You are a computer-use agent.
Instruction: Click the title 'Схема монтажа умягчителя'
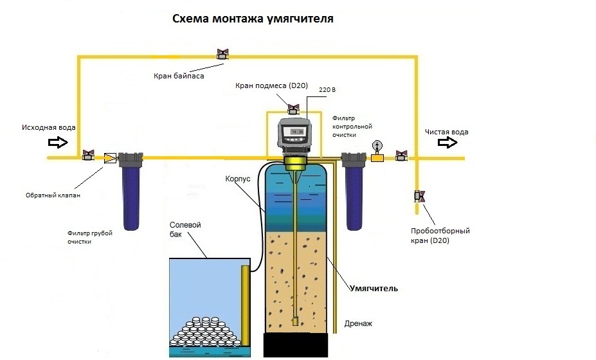pyautogui.click(x=253, y=19)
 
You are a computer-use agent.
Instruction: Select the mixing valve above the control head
pyautogui.click(x=293, y=109)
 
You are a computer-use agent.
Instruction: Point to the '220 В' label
pyautogui.click(x=327, y=92)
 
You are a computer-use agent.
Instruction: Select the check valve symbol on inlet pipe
pyautogui.click(x=109, y=157)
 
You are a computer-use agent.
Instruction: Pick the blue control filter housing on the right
pyautogui.click(x=354, y=196)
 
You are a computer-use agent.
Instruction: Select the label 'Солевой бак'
pyautogui.click(x=185, y=230)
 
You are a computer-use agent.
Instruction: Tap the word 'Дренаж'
pyautogui.click(x=358, y=323)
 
